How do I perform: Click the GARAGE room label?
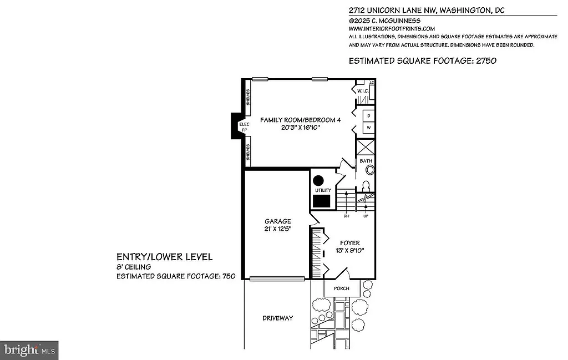coord(277,221)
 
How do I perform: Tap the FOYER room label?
coord(349,243)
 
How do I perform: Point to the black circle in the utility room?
coord(318,181)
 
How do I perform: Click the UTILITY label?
coord(323,190)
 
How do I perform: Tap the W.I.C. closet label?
coord(363,90)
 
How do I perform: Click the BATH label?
coord(366,161)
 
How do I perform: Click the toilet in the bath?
coord(366,185)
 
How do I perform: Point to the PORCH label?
coord(341,288)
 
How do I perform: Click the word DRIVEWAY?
coord(277,318)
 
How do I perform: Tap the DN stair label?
coord(346,216)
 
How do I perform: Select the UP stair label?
coord(366,216)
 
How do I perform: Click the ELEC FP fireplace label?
coord(244,128)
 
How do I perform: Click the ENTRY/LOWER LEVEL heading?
coord(164,257)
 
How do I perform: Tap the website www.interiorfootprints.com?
coord(392,28)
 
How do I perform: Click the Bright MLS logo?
coord(29,350)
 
